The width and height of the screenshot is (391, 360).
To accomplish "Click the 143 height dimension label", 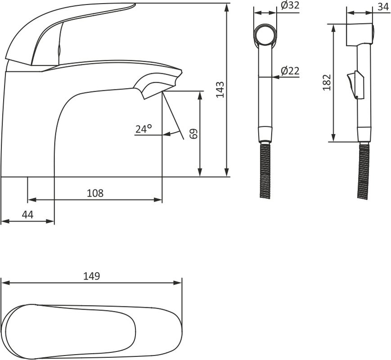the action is [220, 90].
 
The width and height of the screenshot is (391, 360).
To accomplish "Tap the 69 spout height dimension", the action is [194, 134].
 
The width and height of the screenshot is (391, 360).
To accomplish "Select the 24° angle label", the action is [144, 129].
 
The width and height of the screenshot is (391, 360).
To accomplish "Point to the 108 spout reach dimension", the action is [95, 193].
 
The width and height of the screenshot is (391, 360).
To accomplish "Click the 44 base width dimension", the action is [28, 215].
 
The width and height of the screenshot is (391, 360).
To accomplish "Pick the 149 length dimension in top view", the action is [91, 276].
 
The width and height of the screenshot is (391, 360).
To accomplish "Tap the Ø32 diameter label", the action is [290, 5].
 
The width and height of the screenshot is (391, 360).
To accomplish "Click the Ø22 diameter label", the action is [290, 71].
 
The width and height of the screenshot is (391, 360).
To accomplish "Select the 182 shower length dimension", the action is [326, 82].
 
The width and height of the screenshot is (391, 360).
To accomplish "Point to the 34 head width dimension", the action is [383, 7].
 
